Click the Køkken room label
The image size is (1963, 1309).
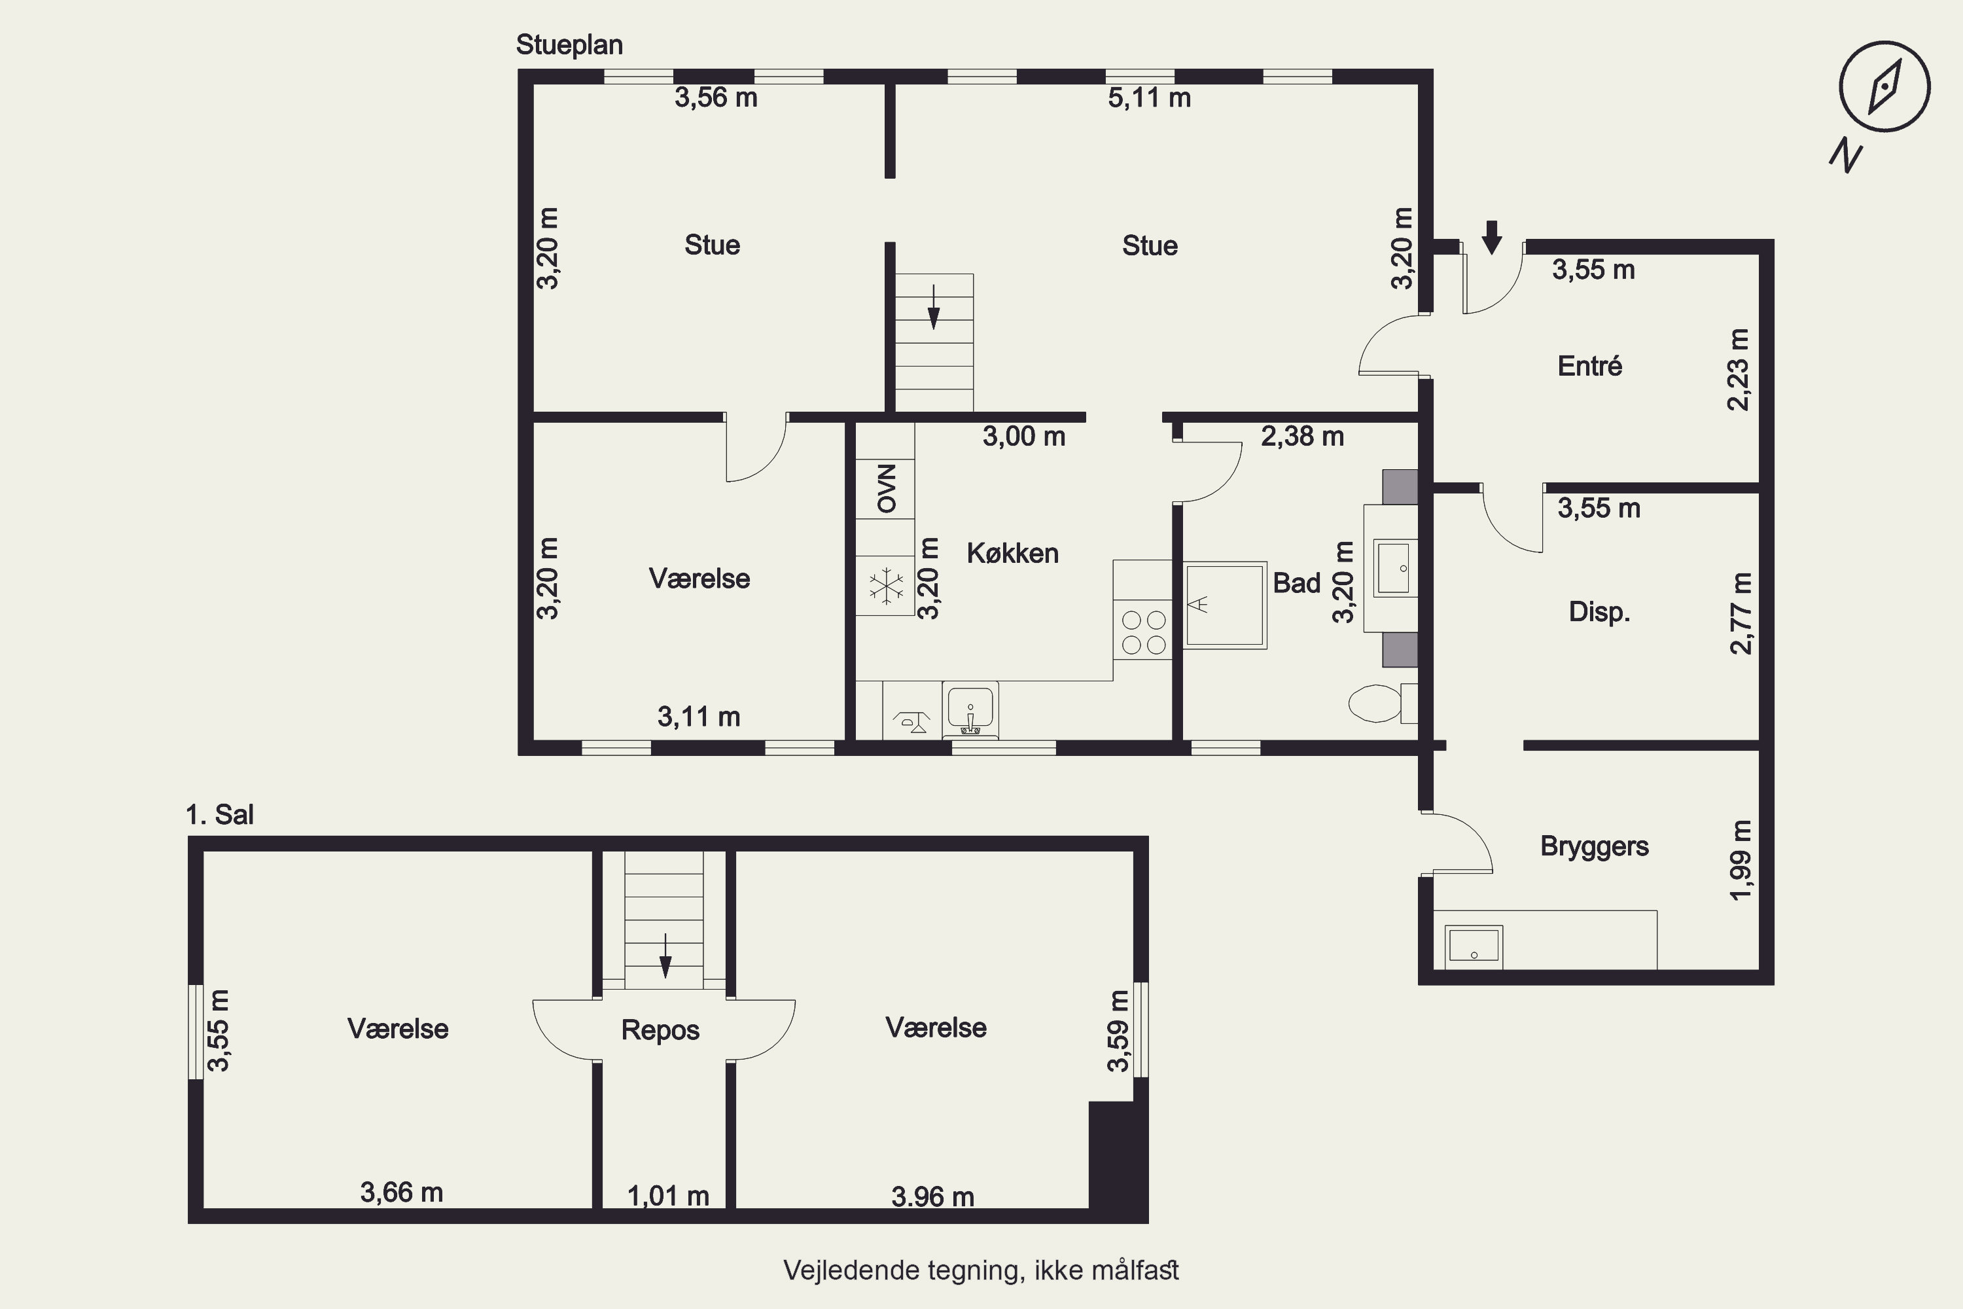(1012, 554)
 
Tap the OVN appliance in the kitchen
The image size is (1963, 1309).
(885, 488)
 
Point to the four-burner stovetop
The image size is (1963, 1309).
(1143, 632)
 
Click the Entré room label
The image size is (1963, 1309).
(1590, 366)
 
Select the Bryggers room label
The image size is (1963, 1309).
(1594, 846)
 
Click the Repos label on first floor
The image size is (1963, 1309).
(660, 1030)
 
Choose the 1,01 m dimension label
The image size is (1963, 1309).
(667, 1196)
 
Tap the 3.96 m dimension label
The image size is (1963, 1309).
(932, 1197)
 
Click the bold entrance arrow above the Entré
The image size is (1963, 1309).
(1491, 237)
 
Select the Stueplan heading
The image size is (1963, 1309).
(569, 45)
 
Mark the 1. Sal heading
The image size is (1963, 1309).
(219, 815)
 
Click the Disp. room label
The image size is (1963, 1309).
(1599, 612)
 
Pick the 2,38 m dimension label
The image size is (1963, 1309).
(1302, 437)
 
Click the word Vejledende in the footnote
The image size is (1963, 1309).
(842, 1270)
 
